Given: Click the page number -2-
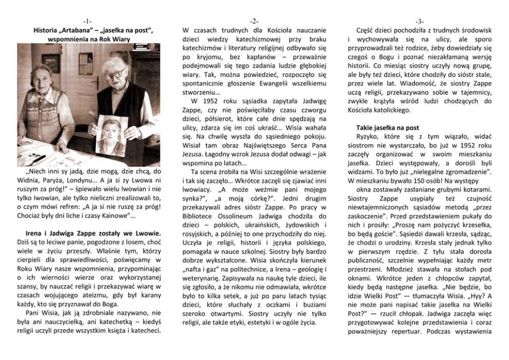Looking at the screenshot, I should coord(254,21).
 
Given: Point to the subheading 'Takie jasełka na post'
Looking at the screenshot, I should coord(387,127).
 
